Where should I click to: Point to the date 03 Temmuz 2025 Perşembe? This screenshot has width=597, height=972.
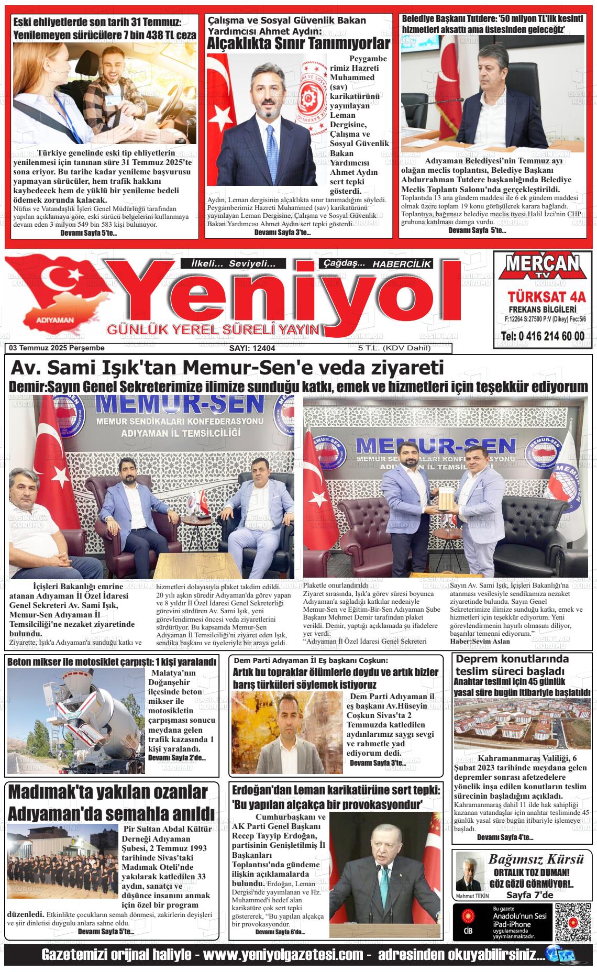point(57,348)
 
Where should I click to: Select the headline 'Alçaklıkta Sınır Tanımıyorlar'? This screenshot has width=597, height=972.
point(298,44)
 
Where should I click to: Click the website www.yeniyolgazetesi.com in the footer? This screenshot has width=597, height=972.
point(283,954)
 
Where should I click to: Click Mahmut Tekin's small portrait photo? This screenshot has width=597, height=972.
point(469,870)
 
